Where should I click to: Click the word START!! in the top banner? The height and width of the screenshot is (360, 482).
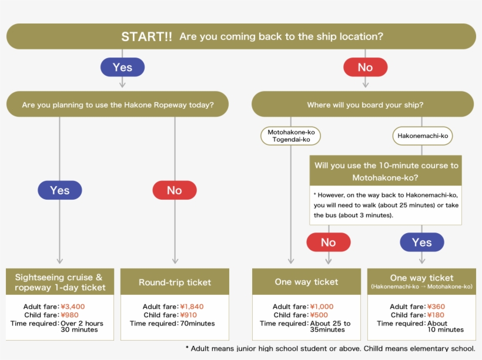[x=146, y=36]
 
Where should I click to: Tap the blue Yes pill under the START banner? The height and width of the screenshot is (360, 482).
[x=122, y=68]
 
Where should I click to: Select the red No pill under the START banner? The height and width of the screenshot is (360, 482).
[x=365, y=68]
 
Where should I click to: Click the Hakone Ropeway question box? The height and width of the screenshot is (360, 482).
[x=118, y=104]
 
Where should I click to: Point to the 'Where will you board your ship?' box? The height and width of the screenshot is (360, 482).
[x=363, y=104]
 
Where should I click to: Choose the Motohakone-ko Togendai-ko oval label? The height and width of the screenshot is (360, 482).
[x=291, y=136]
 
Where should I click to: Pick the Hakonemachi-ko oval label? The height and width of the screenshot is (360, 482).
[x=423, y=136]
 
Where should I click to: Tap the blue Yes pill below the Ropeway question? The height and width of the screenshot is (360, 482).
[x=59, y=190]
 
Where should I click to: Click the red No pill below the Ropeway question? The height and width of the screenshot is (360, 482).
[x=175, y=190]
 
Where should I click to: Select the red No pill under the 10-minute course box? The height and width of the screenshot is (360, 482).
[x=329, y=243]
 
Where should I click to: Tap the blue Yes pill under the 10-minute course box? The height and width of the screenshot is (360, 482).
[x=422, y=243]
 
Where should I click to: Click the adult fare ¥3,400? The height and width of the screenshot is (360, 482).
[x=72, y=307]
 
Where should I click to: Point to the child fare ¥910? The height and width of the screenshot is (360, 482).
[x=189, y=315]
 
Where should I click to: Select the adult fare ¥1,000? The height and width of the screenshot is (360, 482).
[x=322, y=307]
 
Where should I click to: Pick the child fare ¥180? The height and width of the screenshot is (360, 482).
[x=436, y=315]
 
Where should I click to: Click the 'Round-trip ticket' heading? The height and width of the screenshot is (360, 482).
[x=175, y=282]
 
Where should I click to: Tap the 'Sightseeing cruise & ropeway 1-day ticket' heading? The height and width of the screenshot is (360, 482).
[x=60, y=282]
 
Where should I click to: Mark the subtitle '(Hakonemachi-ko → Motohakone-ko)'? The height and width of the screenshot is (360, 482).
[x=422, y=287]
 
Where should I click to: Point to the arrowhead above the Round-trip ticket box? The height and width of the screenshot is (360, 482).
[x=175, y=261]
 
